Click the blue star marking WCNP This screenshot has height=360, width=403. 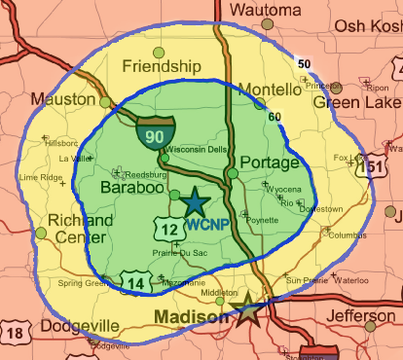(x=195, y=201)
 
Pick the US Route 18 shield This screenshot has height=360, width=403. (x=13, y=334)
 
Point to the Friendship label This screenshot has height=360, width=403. (x=162, y=66)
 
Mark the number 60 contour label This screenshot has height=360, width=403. (x=275, y=117)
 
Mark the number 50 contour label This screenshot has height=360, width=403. (x=304, y=64)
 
